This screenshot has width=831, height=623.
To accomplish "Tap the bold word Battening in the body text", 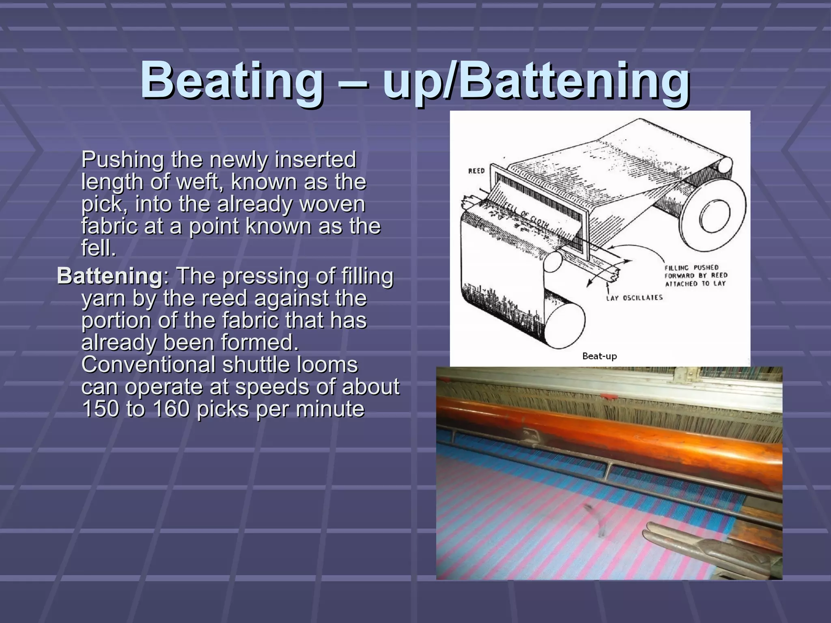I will tap(110, 276).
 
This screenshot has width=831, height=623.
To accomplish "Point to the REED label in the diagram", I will tap(476, 171).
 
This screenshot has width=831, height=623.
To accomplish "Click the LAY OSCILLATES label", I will tap(634, 297).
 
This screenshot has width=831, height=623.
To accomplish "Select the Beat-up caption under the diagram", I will tap(599, 356).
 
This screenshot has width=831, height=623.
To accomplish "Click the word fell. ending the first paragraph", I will tap(99, 248).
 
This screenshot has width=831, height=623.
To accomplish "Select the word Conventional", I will tap(148, 364).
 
